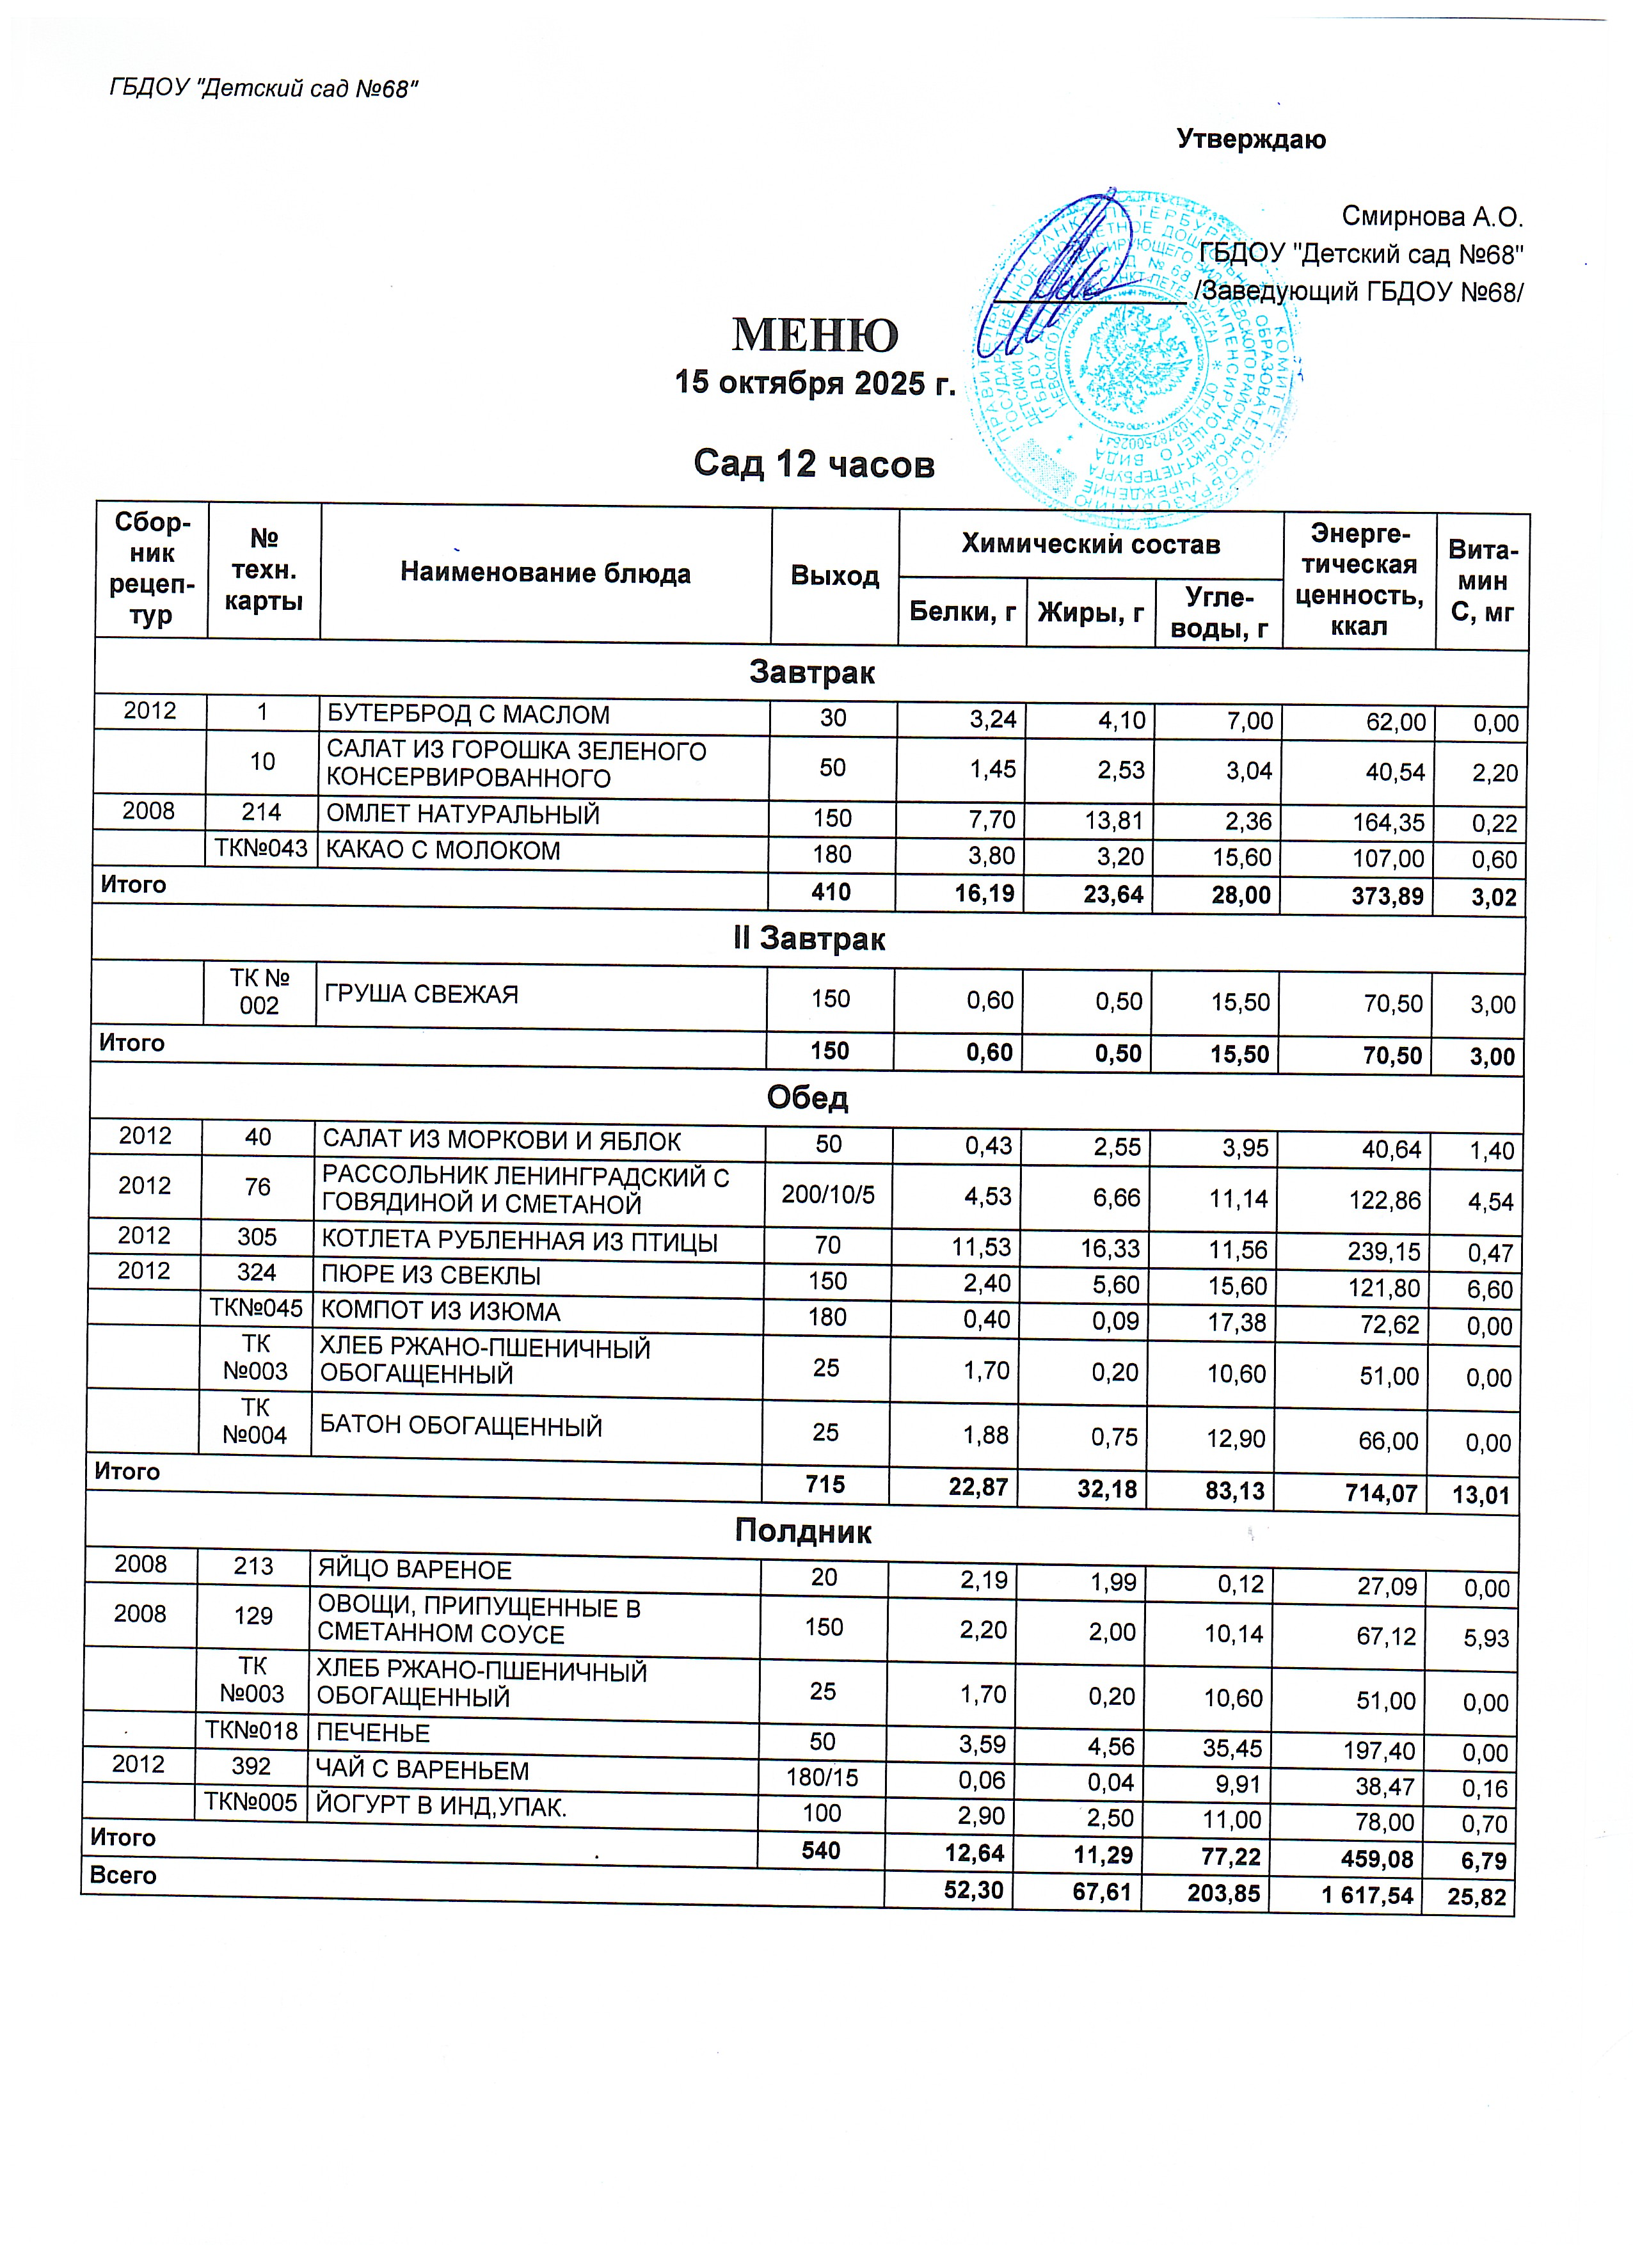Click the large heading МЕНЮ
tap(815, 335)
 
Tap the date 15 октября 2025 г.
tap(815, 383)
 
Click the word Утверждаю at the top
tap(1251, 140)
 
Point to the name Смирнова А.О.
tap(1431, 217)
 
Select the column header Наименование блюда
tap(545, 573)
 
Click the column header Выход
tap(834, 576)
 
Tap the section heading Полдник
tap(802, 1532)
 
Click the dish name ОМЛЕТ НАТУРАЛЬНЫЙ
tap(463, 815)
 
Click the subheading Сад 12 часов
tap(813, 463)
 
